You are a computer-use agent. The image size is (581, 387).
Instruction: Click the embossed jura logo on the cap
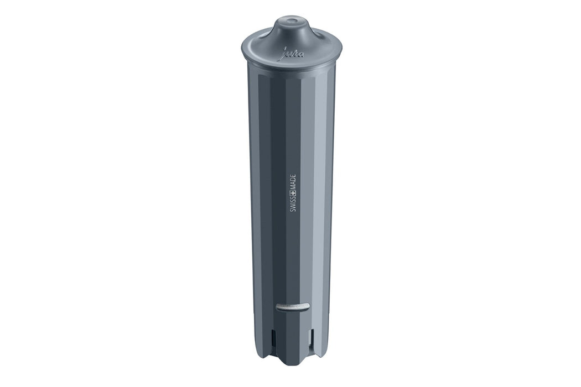[293, 54]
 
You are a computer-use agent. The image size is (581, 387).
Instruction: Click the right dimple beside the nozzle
[320, 36]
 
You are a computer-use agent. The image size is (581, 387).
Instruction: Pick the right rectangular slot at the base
[313, 337]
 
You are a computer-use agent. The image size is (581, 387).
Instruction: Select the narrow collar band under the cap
[292, 69]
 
